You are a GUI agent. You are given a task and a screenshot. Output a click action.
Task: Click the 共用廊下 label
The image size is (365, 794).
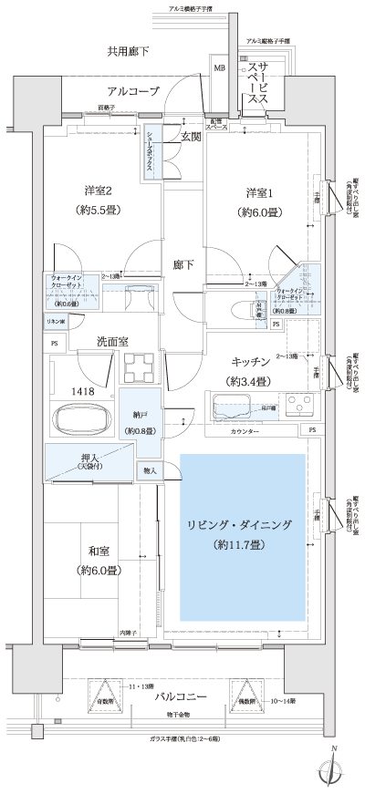128,52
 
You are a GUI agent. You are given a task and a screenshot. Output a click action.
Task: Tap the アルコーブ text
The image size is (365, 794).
133,91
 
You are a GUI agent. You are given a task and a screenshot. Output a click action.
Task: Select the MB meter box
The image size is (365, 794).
220,68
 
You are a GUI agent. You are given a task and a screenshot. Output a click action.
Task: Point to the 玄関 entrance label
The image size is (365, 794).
190,137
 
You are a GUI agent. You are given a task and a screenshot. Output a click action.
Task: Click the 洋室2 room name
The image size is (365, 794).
98,191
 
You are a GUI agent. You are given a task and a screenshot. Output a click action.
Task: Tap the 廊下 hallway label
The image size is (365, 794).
183,264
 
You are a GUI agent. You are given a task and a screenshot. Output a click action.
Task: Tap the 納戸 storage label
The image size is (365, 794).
140,413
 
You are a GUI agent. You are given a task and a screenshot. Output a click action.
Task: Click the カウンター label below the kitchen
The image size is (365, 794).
245,429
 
